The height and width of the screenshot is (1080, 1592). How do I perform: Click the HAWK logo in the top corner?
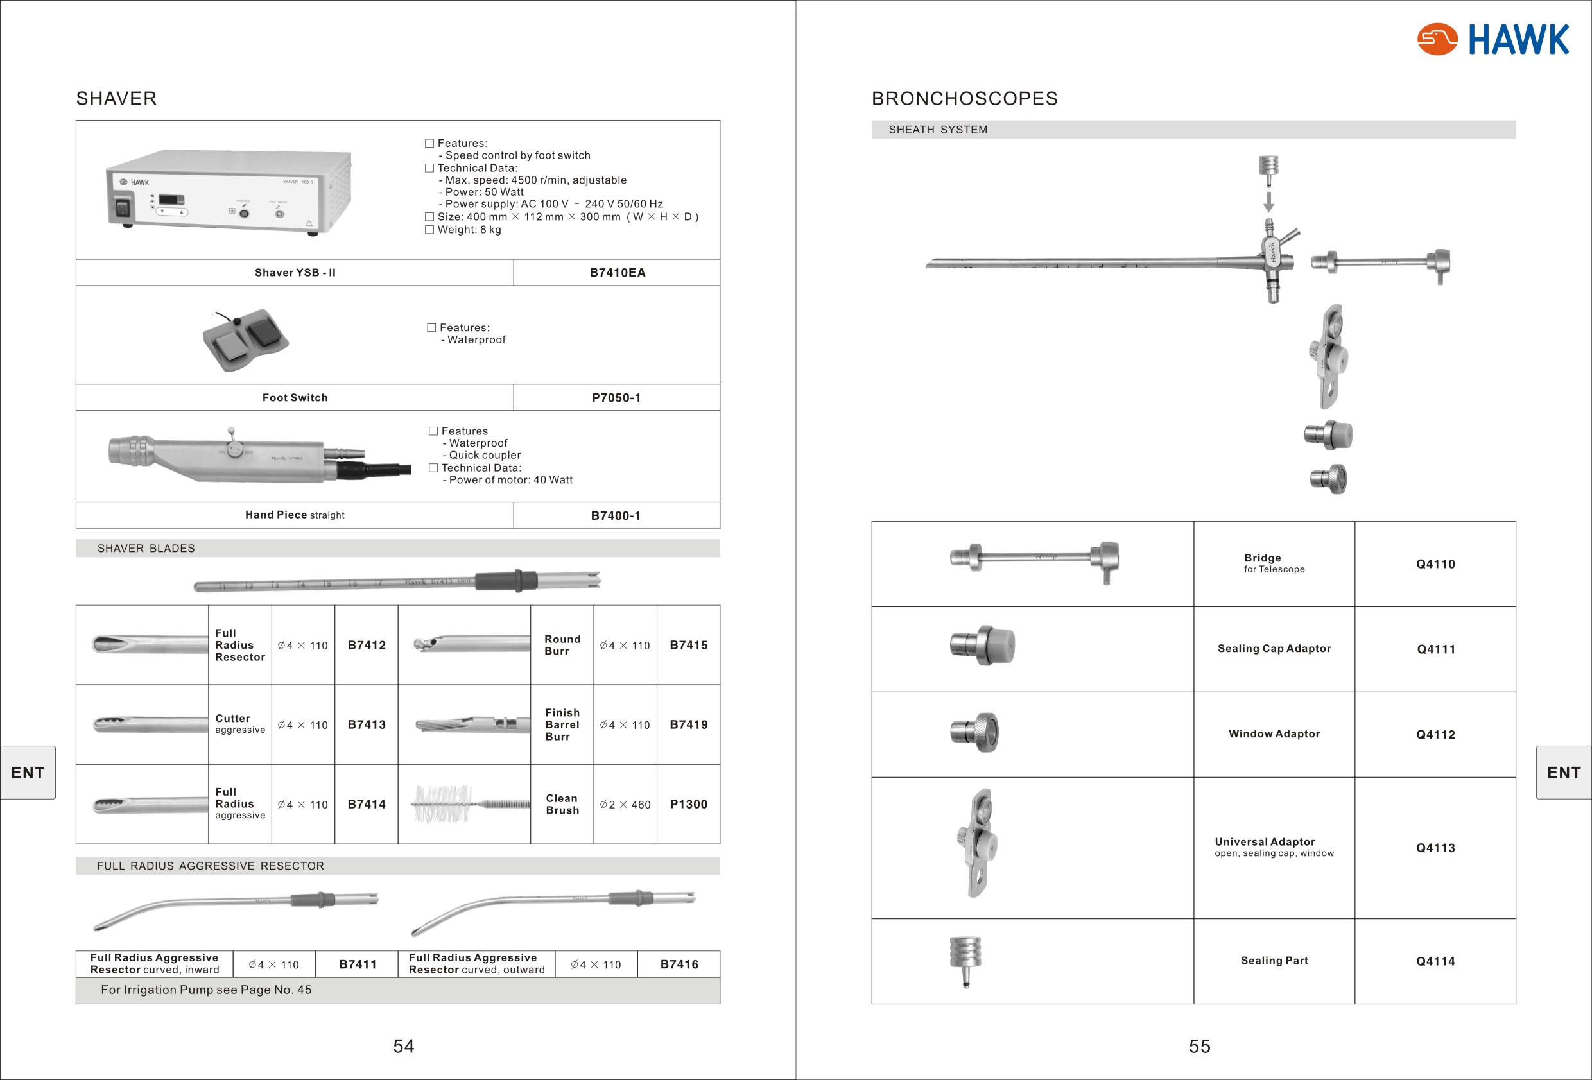pyautogui.click(x=1492, y=39)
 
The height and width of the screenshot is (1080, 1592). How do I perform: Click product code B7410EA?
pyautogui.click(x=616, y=273)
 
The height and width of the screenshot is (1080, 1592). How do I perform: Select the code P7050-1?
pyautogui.click(x=616, y=398)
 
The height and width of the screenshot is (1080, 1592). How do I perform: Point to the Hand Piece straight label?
pyautogui.click(x=295, y=515)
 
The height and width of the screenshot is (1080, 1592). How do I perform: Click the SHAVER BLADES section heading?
pyautogui.click(x=146, y=549)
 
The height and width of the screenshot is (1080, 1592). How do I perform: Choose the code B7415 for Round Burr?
pyautogui.click(x=688, y=645)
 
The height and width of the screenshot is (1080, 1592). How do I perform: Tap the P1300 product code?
pyautogui.click(x=688, y=804)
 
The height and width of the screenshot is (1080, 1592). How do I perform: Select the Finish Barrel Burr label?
pyautogui.click(x=562, y=724)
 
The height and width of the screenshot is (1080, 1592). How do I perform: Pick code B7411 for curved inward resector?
pyautogui.click(x=358, y=964)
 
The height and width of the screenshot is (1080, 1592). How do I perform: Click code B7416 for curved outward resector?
pyautogui.click(x=679, y=964)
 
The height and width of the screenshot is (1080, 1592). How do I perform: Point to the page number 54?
pyautogui.click(x=404, y=1047)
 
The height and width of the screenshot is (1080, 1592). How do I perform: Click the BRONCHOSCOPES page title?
pyautogui.click(x=964, y=99)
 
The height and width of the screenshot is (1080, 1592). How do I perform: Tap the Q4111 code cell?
pyautogui.click(x=1435, y=649)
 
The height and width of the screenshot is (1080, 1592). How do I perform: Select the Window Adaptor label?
pyautogui.click(x=1274, y=734)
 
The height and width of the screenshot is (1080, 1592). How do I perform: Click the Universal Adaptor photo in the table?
pyautogui.click(x=977, y=843)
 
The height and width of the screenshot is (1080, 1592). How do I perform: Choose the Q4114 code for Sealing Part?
pyautogui.click(x=1435, y=961)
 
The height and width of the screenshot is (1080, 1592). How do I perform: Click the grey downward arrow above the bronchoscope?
pyautogui.click(x=1268, y=201)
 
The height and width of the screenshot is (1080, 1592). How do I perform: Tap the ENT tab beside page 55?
pyautogui.click(x=1564, y=773)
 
